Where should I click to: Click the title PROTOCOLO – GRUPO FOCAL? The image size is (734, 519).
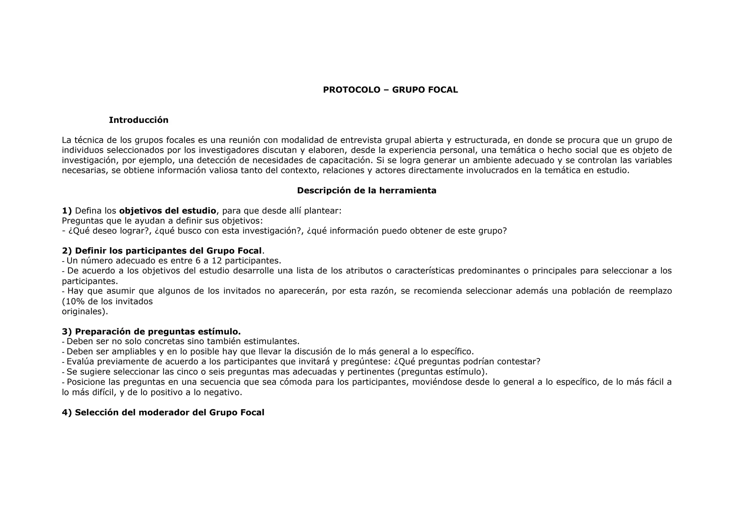(x=390, y=90)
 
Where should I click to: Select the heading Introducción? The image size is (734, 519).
(x=138, y=120)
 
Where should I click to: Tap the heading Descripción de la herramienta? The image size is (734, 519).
(x=367, y=191)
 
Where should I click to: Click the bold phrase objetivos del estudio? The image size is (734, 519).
(x=167, y=211)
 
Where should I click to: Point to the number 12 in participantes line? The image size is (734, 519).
(x=217, y=261)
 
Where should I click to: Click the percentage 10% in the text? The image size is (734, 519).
(x=74, y=301)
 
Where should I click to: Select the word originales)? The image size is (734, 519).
(x=85, y=311)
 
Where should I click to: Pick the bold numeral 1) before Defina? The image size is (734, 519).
(x=67, y=211)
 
